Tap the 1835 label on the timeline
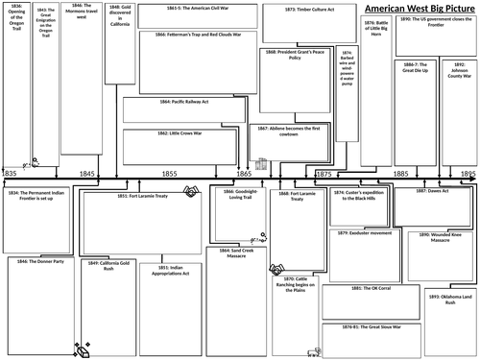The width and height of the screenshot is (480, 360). (x=10, y=173)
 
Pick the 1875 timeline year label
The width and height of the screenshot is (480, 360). (x=324, y=173)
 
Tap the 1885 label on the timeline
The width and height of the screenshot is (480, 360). (x=400, y=173)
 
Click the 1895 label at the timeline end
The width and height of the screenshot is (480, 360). (x=468, y=173)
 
